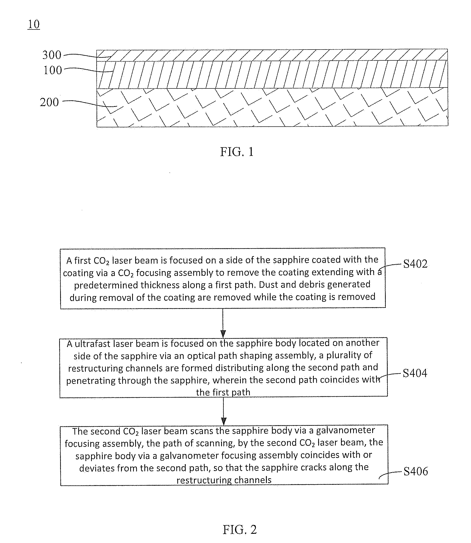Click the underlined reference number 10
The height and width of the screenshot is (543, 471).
[34, 24]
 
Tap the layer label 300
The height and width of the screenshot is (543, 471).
[52, 55]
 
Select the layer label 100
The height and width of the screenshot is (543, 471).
[53, 70]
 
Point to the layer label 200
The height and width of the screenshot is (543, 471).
[49, 102]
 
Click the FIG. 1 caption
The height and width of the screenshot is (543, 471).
[237, 152]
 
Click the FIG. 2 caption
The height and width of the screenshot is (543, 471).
[240, 529]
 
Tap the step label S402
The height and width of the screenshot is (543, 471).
[415, 264]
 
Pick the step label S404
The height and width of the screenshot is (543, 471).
[415, 373]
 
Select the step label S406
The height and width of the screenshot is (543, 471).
[415, 471]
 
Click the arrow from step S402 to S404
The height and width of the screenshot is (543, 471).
[223, 323]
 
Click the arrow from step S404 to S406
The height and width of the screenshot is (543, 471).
[223, 411]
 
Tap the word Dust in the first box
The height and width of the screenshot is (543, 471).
[269, 284]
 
